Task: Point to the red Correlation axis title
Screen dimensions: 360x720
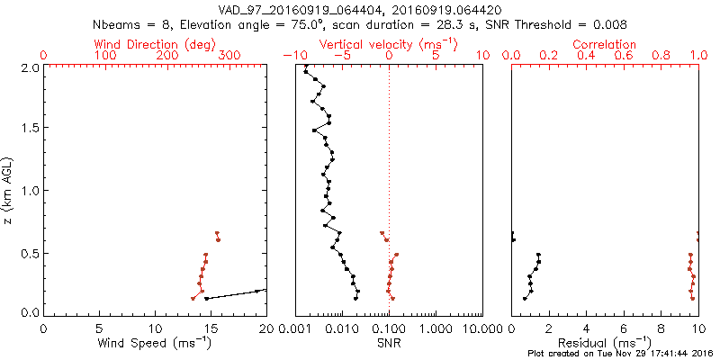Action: pos(605,44)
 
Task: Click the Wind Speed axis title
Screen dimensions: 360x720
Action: pos(156,342)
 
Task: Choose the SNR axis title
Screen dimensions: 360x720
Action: pos(390,342)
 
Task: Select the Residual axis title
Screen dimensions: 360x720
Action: pos(605,342)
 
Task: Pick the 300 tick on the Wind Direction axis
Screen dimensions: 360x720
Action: pos(229,56)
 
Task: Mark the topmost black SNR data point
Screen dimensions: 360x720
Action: pos(306,71)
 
